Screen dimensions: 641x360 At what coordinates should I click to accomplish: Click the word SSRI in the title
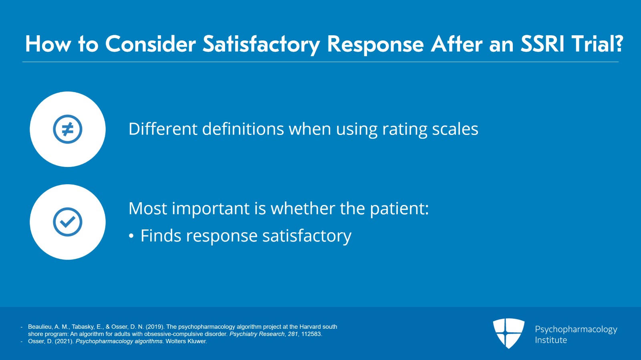pyautogui.click(x=540, y=44)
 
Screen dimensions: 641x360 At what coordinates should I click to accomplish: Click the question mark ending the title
pyautogui.click(x=619, y=44)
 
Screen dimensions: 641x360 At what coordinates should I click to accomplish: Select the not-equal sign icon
pyautogui.click(x=68, y=129)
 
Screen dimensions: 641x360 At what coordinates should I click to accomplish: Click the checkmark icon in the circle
pyautogui.click(x=68, y=222)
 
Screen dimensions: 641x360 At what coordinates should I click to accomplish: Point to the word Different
pyautogui.click(x=163, y=129)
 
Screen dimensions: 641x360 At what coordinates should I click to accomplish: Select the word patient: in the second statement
pyautogui.click(x=399, y=209)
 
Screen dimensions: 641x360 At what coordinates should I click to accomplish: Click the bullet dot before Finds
pyautogui.click(x=131, y=236)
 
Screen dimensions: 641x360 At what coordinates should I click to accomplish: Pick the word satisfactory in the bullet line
pyautogui.click(x=307, y=237)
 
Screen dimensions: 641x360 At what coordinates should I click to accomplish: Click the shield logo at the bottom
pyautogui.click(x=508, y=333)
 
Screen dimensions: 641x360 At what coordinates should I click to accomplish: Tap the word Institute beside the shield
pyautogui.click(x=551, y=340)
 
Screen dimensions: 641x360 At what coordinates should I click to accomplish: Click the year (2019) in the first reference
pyautogui.click(x=155, y=327)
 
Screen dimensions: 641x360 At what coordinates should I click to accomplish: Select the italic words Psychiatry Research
pyautogui.click(x=257, y=334)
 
